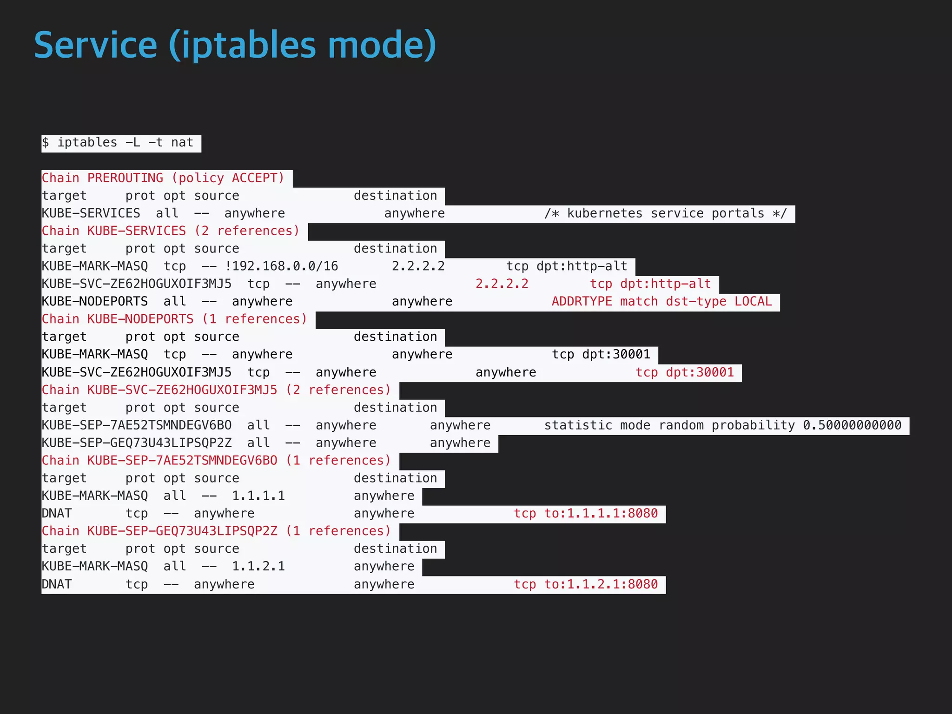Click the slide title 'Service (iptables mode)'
235,45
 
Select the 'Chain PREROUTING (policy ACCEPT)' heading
163,178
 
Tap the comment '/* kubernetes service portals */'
665,213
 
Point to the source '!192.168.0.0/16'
281,266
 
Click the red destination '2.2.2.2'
502,284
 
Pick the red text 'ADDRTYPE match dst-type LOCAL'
661,302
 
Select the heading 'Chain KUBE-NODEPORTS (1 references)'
174,319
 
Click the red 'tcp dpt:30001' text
685,372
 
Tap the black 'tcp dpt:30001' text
601,355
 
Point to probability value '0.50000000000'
852,425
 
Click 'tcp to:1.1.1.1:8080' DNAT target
586,514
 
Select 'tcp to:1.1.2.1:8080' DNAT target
586,584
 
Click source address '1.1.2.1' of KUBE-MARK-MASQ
258,567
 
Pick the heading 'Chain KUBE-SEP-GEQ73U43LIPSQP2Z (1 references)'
216,531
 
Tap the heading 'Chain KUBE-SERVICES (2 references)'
171,231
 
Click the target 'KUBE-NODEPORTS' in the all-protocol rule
95,302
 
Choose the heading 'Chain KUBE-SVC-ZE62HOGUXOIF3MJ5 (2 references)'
216,390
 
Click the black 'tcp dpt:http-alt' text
567,266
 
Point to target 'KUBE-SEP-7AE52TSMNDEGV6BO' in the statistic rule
137,425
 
